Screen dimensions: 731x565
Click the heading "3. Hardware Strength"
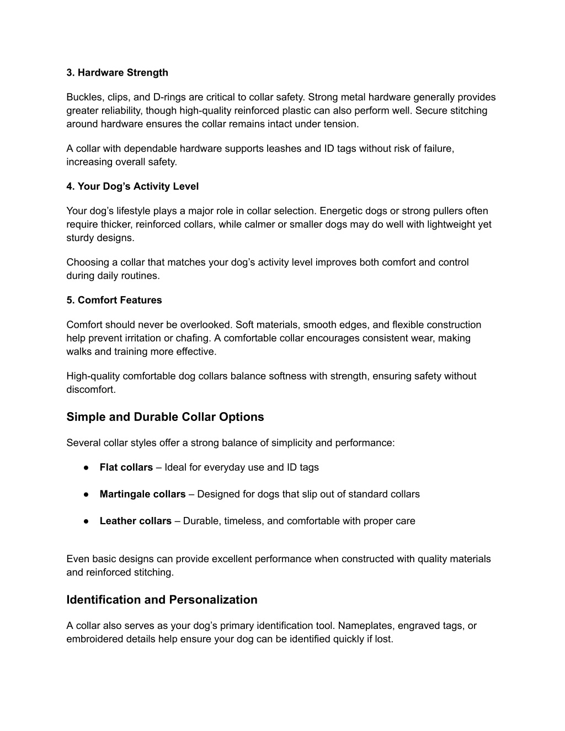tap(117, 73)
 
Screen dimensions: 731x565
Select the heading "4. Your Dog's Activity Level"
tap(132, 186)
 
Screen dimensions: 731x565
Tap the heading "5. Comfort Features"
tap(114, 300)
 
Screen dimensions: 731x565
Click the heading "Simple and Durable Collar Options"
tap(165, 417)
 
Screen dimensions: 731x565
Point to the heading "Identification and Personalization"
tap(162, 600)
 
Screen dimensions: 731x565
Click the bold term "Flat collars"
tap(126, 468)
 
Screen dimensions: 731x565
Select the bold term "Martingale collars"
tap(142, 494)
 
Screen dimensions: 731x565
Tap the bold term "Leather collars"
tap(135, 521)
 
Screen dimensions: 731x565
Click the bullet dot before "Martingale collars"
tap(87, 494)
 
